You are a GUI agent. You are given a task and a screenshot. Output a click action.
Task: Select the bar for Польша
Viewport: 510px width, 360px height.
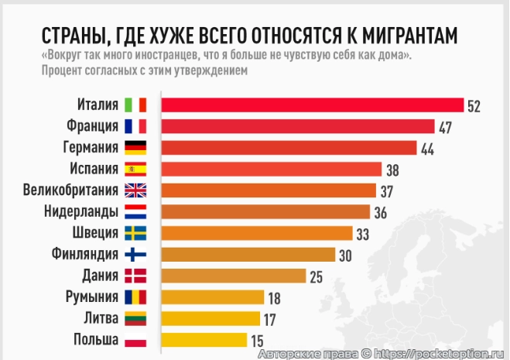point(203,340)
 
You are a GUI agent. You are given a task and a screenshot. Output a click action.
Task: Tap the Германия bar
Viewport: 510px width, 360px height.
point(288,148)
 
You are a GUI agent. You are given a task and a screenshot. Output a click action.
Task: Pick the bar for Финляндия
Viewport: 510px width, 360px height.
point(248,255)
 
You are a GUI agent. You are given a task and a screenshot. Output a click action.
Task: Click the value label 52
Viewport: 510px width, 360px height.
point(474,106)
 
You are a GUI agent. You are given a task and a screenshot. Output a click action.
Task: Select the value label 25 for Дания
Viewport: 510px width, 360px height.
point(316,276)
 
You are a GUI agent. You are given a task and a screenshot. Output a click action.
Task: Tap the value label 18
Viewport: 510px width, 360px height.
point(274,298)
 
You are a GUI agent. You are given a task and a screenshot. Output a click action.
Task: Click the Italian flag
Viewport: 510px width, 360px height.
point(135,105)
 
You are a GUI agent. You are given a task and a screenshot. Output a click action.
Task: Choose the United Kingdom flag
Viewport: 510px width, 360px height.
point(135,190)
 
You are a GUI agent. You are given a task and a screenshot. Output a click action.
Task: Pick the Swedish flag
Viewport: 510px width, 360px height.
point(135,233)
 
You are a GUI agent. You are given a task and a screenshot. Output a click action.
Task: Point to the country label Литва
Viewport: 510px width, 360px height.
point(101,318)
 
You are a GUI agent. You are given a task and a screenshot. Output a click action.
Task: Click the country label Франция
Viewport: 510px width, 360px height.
point(93,126)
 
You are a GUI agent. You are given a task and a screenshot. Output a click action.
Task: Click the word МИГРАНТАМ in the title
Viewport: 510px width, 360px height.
point(395,36)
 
